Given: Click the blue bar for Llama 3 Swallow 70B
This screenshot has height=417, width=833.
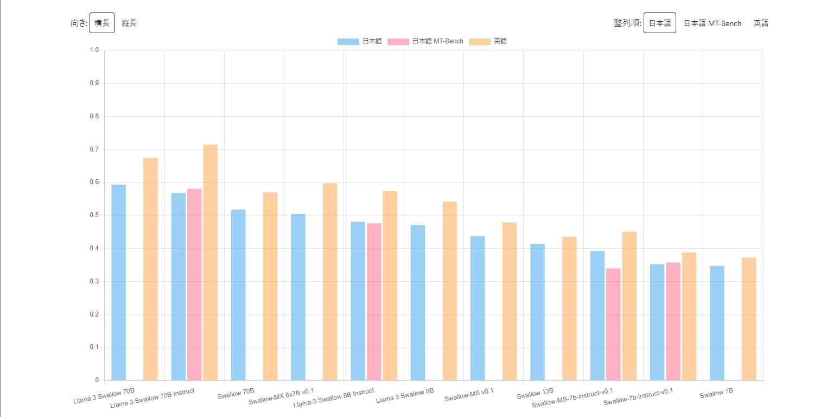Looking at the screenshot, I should (x=118, y=282).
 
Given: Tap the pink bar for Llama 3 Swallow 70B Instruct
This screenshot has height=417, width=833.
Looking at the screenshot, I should (x=194, y=285).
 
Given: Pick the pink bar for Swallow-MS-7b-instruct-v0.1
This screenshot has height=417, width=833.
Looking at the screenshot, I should (x=613, y=324).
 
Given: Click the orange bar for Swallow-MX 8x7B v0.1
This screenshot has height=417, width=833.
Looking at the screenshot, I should (x=330, y=282).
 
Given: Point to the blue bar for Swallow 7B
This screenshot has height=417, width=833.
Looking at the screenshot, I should (x=717, y=323).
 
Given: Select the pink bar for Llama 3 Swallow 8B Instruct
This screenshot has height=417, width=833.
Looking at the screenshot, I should (x=374, y=302).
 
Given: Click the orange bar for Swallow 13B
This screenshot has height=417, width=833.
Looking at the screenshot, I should (x=569, y=308).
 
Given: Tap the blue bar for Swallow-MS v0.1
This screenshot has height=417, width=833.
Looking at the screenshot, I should (x=478, y=308).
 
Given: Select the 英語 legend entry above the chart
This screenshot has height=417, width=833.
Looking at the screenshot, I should (x=488, y=41).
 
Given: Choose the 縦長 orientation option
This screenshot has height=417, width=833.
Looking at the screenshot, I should (x=129, y=23).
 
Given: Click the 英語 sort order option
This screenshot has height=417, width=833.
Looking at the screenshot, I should (x=761, y=23).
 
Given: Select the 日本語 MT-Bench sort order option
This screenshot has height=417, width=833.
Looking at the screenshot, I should (x=712, y=23).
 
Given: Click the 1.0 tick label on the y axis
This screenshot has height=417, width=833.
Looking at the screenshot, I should (x=94, y=50).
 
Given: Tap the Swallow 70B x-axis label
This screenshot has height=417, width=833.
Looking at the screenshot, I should (x=236, y=395).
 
